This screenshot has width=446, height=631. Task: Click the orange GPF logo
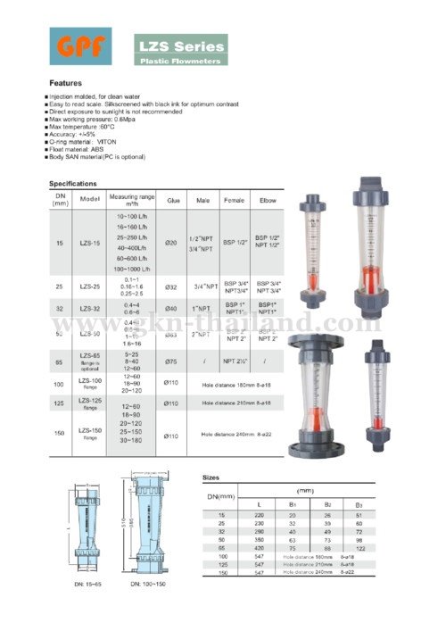81,46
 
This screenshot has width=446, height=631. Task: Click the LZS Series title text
180,43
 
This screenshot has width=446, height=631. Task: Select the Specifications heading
73,182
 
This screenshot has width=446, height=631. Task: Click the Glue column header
173,201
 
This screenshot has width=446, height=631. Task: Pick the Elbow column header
266,201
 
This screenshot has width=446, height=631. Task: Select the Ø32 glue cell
172,287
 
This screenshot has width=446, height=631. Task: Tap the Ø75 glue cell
172,361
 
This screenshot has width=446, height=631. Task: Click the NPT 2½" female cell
235,361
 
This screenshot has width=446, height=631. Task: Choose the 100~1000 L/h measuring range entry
132,269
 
